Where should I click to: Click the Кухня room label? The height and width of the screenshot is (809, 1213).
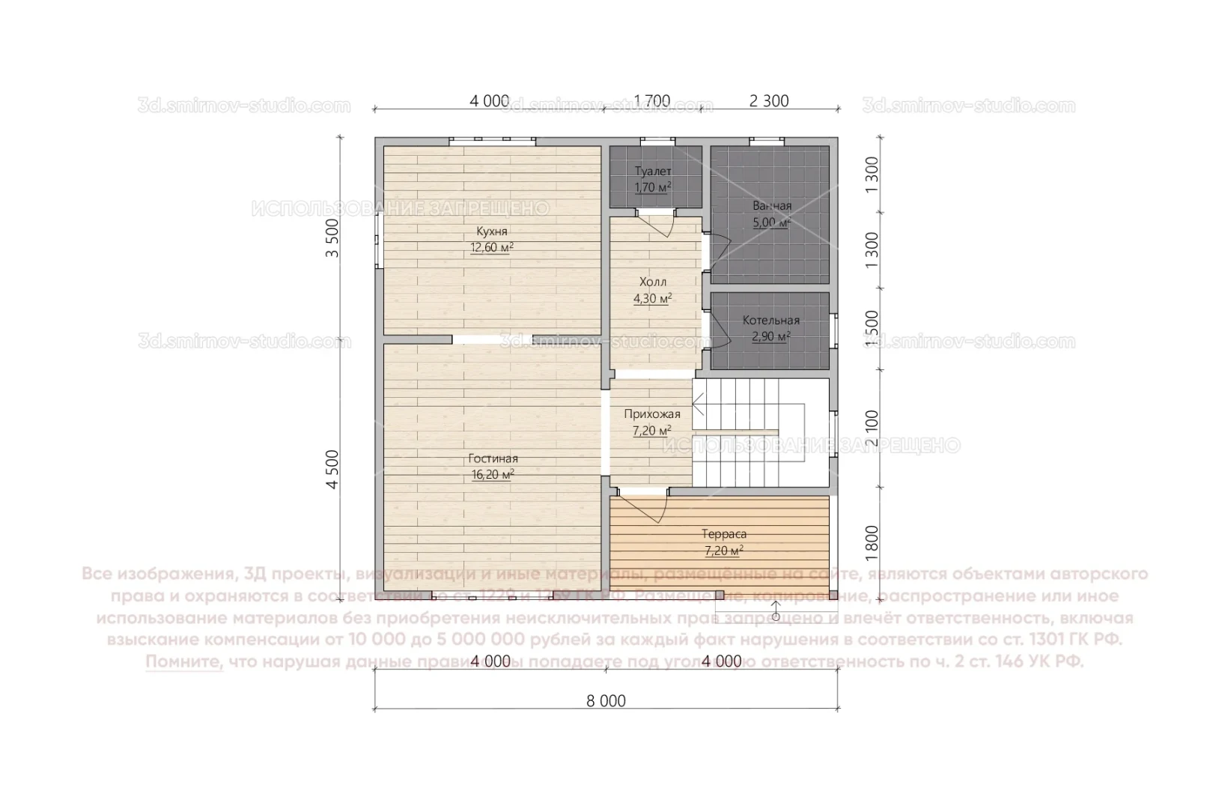[x=491, y=231]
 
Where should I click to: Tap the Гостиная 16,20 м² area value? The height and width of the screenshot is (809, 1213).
[x=493, y=475]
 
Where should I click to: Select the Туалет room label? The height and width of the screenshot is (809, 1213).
[x=653, y=172]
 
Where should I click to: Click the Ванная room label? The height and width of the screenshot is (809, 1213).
[x=772, y=206]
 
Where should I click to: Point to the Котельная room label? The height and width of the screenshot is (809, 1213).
[x=770, y=321]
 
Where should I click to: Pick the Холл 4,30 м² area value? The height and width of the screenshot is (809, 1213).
[x=652, y=299]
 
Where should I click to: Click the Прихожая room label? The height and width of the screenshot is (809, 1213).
[x=652, y=414]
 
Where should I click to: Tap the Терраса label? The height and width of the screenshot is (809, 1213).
[x=723, y=535]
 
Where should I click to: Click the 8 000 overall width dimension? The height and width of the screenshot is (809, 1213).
[x=606, y=701]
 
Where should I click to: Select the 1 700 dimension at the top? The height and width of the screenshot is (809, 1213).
[x=652, y=101]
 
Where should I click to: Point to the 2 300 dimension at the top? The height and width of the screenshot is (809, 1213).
[x=769, y=101]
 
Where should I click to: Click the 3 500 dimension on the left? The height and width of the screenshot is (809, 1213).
[x=332, y=238]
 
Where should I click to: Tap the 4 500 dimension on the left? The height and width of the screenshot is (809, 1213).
[x=332, y=470]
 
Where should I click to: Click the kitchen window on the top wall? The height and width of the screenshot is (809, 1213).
[x=492, y=139]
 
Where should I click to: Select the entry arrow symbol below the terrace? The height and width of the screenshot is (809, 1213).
[x=776, y=610]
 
